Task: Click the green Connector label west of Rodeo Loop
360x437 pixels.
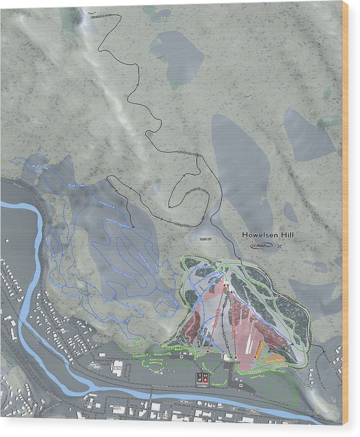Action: (x=141, y=355)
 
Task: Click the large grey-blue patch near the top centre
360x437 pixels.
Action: (x=178, y=56)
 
